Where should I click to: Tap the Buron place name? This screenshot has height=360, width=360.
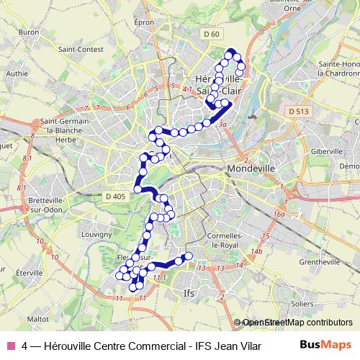30,33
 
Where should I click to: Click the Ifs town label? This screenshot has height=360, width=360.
189,294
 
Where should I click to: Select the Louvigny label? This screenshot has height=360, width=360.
96,234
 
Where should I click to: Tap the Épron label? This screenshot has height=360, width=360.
145,22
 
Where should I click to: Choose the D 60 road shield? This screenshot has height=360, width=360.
210,34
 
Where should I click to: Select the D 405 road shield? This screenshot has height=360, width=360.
114,196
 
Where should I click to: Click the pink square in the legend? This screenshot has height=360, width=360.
10,344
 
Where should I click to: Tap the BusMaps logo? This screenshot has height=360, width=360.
326,343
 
